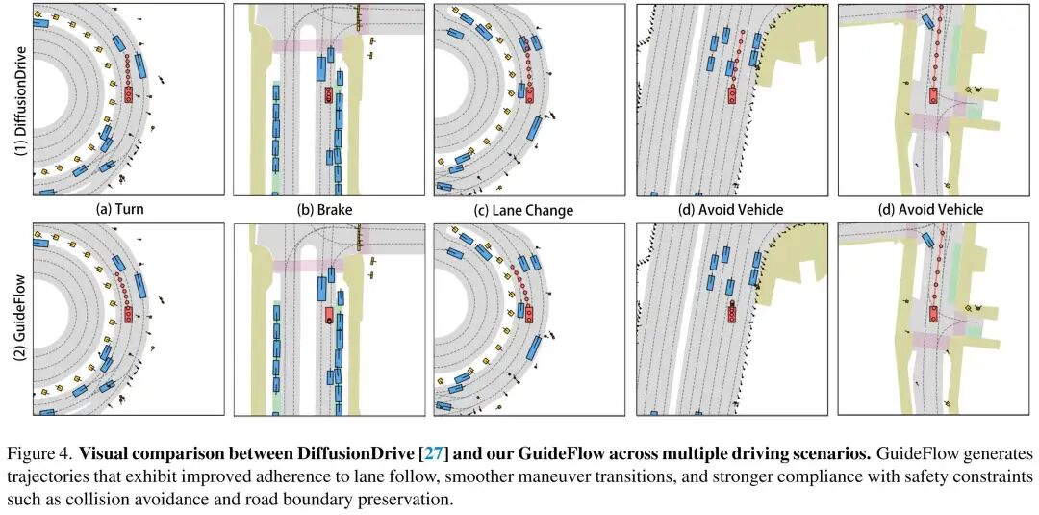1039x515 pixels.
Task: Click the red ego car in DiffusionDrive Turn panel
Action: pos(128,92)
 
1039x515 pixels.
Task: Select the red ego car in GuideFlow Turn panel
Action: pos(128,314)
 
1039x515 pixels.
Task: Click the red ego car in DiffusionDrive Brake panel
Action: pos(328,94)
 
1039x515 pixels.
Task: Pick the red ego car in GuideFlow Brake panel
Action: pos(329,315)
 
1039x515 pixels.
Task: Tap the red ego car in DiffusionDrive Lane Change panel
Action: pos(528,92)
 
